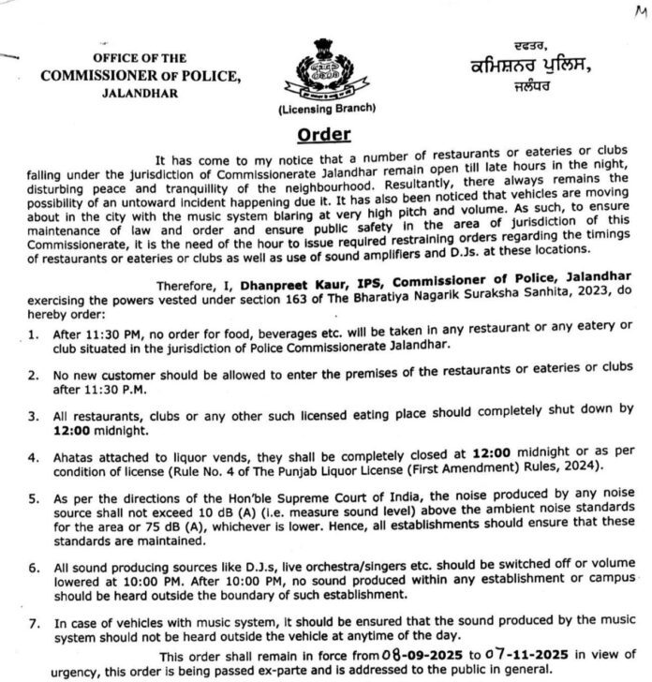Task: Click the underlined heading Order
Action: coord(325,134)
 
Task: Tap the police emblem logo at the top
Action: coord(325,73)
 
